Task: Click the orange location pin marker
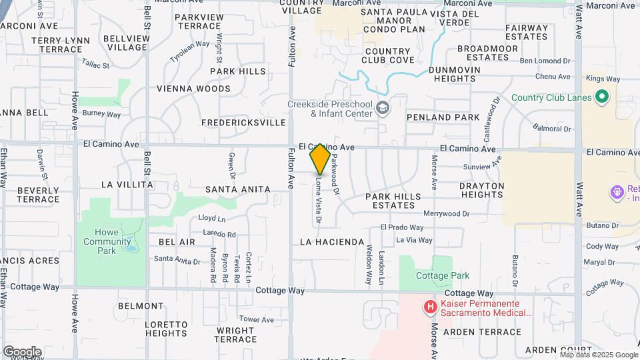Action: (320, 159)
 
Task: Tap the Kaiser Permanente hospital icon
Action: (431, 307)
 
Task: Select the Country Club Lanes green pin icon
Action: (602, 98)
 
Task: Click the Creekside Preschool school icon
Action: (383, 108)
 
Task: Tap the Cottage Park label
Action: (442, 275)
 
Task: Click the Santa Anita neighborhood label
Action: (237, 189)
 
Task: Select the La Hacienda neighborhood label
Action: (332, 242)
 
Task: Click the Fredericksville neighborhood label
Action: (243, 123)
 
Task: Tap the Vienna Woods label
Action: (193, 89)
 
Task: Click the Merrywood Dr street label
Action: (447, 214)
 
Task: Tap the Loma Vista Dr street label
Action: (319, 199)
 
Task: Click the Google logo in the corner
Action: (22, 351)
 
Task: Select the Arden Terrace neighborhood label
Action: (491, 332)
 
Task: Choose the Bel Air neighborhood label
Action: (177, 242)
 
